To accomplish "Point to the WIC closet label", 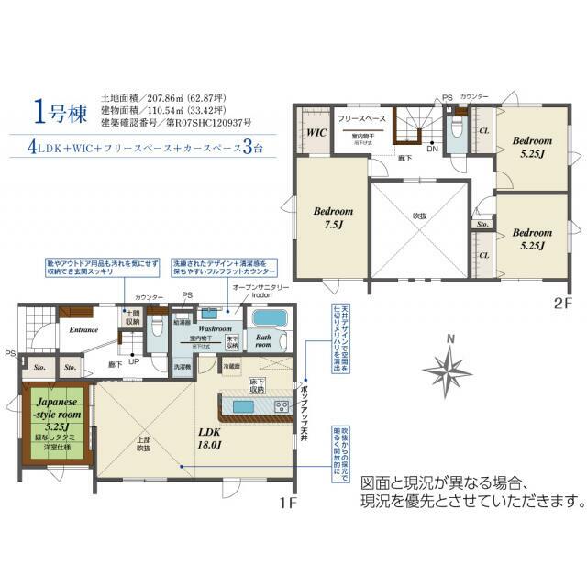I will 316,132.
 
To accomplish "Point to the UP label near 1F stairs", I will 136,361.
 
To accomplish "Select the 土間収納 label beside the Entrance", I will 132,317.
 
